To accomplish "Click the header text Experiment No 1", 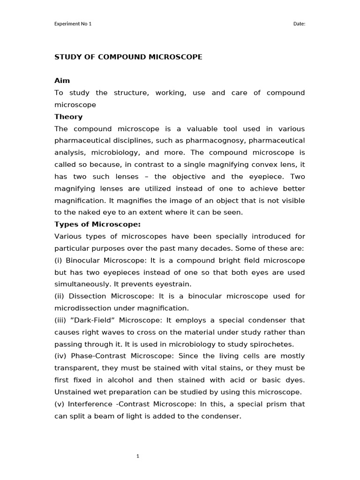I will (73, 24).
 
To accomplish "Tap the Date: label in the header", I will (299, 24).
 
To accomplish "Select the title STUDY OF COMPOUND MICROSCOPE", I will (128, 57).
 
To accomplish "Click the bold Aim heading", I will (62, 81).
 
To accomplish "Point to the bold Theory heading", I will (68, 117).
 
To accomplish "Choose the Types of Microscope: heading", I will (97, 224).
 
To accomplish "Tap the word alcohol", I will (123, 380).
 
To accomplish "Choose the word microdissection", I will (82, 308).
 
